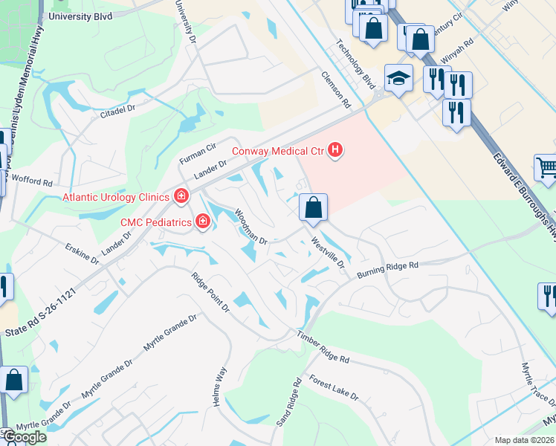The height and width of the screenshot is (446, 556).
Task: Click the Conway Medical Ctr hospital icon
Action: point(335,151)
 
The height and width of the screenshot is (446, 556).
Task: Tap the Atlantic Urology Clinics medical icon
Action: point(180,197)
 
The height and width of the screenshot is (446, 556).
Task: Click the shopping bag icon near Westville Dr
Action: point(314,207)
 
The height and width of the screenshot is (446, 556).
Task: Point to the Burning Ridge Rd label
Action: point(388,268)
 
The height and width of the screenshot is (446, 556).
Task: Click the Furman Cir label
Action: point(197,154)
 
